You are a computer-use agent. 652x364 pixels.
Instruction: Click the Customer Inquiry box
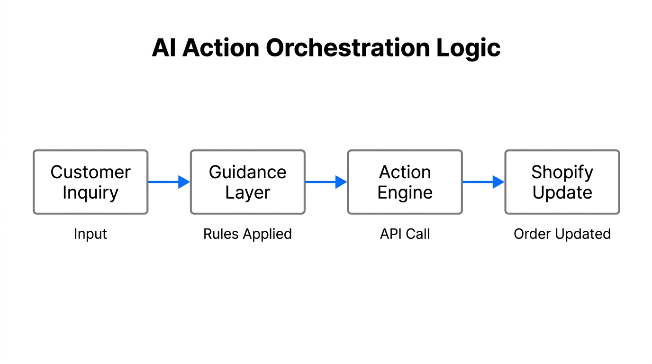(91, 182)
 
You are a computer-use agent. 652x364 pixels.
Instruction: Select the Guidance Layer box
(247, 182)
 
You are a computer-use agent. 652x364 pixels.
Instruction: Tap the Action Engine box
(405, 182)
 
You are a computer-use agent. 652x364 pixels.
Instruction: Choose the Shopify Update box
(562, 182)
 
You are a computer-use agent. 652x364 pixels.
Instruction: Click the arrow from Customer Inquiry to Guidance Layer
(169, 182)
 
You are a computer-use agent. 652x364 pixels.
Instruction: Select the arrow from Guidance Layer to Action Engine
(326, 182)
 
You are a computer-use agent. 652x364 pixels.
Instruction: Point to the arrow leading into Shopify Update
(483, 182)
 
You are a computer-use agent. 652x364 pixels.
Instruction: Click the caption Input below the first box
(91, 234)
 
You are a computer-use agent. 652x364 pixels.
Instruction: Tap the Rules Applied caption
(247, 234)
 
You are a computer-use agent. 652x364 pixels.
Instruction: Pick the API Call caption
(405, 234)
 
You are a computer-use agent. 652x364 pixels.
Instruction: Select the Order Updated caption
(562, 234)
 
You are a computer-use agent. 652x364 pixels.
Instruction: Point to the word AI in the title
(164, 48)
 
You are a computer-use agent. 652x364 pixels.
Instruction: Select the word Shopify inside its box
(562, 173)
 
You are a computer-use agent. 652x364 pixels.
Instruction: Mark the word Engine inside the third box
(405, 193)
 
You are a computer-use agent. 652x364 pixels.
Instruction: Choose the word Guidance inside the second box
(247, 172)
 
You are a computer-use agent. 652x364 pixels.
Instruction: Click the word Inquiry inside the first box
(91, 193)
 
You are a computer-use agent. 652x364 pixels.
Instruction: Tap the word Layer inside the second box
(247, 193)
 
